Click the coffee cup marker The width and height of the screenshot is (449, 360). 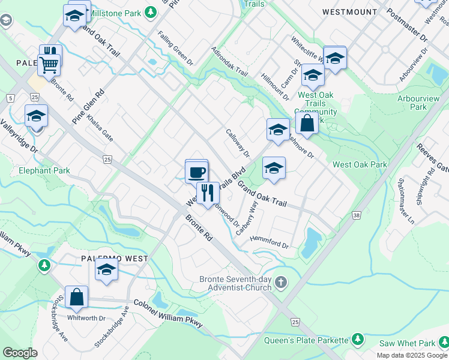[x=196, y=172]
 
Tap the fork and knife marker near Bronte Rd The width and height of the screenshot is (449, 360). [x=208, y=193]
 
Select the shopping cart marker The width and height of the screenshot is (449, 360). [x=49, y=64]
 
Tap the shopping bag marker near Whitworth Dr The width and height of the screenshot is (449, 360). [x=76, y=298]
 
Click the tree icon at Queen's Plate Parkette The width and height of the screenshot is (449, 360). [x=357, y=340]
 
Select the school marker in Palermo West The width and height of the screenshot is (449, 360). [x=106, y=270]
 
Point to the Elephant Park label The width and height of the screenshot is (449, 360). [x=44, y=170]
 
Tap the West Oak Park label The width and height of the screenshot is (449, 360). [x=360, y=164]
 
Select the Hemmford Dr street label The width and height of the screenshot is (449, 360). [x=270, y=245]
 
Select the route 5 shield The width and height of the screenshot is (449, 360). [x=10, y=98]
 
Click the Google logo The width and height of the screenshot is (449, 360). [x=20, y=352]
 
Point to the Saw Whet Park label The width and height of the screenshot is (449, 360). [x=409, y=343]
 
